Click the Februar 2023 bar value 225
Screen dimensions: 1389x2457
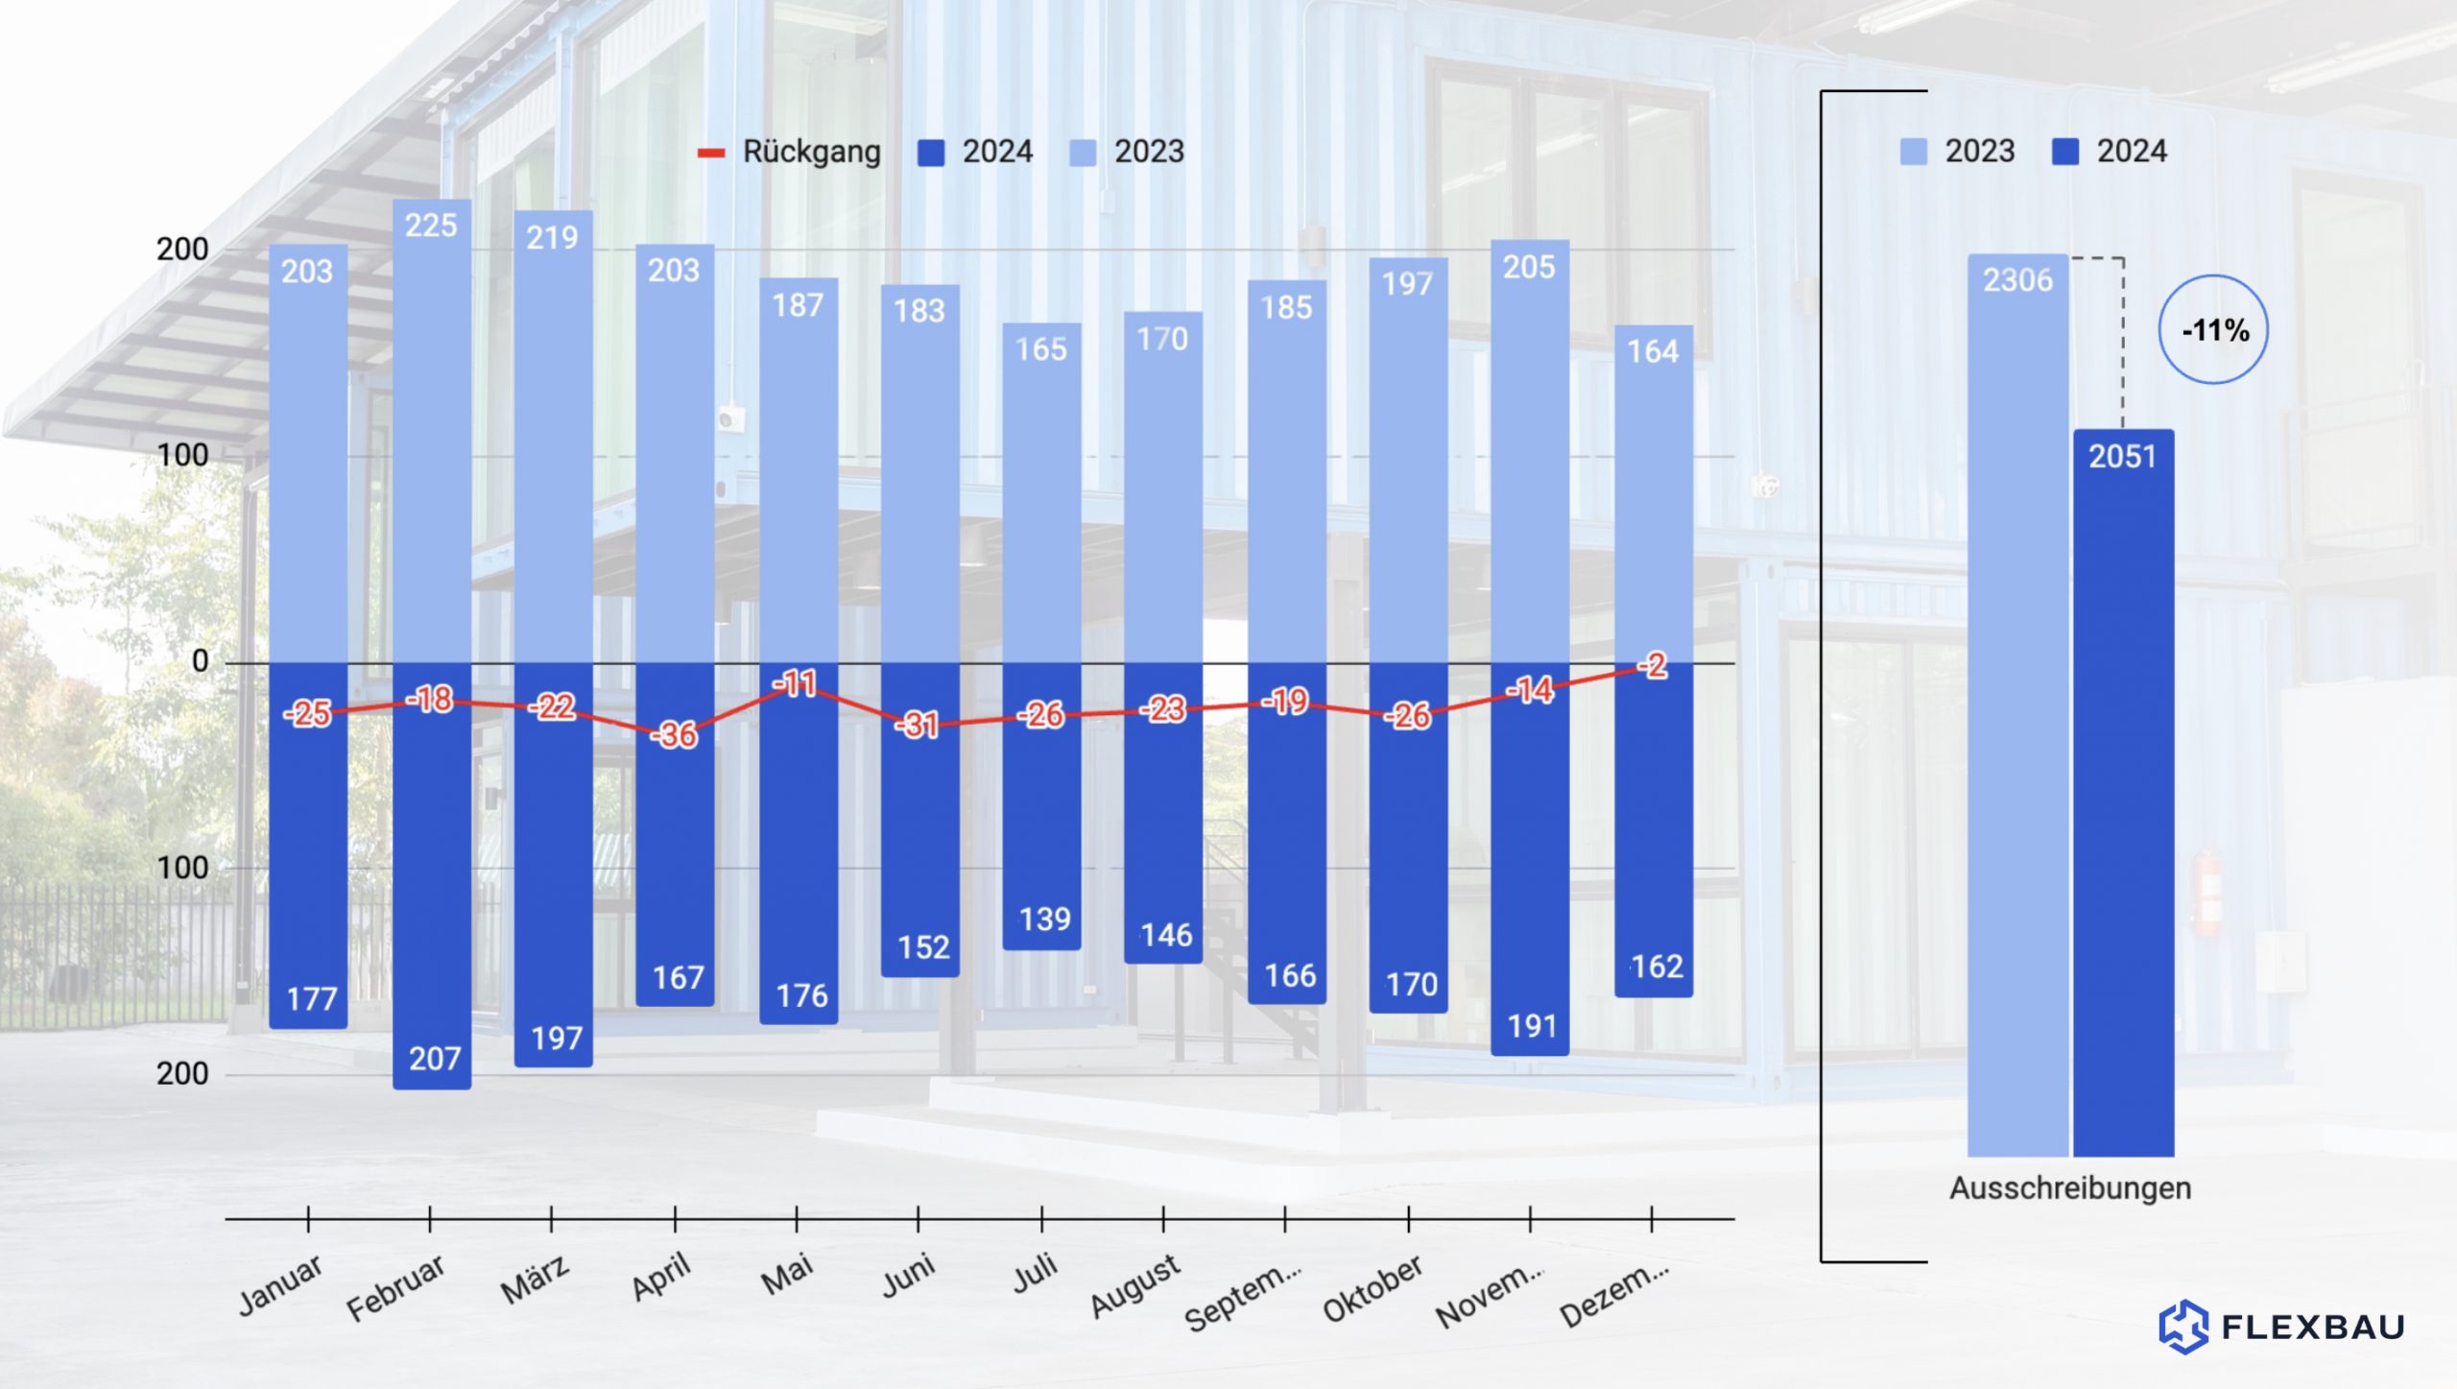[431, 226]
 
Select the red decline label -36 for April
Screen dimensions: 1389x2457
[675, 735]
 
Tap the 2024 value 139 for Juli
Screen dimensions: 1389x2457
[1044, 920]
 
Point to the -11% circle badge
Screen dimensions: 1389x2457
[2213, 330]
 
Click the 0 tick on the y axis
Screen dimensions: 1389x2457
[200, 661]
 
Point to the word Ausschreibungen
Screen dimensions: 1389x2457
[2070, 1188]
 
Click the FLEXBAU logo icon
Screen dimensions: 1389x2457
[2183, 1327]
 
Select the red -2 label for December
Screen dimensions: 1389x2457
[1654, 666]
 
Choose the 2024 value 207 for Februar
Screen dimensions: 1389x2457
[435, 1059]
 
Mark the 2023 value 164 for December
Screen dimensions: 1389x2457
[1653, 351]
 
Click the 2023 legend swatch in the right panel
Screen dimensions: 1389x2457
[1913, 152]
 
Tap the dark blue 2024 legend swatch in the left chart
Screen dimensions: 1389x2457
[931, 153]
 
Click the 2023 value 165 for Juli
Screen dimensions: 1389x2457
[1041, 348]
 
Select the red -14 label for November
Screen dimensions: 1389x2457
[1530, 690]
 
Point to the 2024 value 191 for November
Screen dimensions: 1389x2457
[1532, 1026]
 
